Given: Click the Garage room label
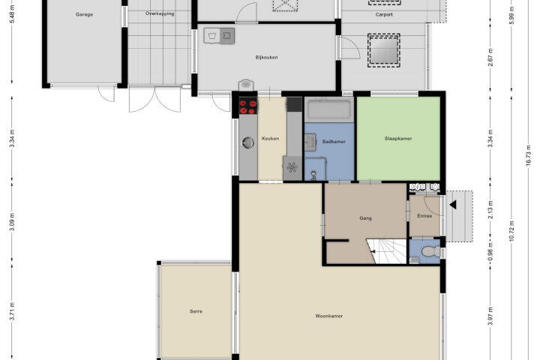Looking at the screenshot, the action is pos(84,14).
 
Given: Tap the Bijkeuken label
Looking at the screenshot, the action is pos(266,57).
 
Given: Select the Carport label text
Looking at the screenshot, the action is pos(384,14).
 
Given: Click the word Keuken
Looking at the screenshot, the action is pos(270,139).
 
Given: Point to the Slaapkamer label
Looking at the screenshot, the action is pos(398,139).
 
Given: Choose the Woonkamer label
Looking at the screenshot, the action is pos(329,316).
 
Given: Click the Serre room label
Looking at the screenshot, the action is pos(196,311).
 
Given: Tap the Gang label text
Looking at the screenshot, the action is pos(366,218).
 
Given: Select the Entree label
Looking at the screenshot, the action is pos(424,216).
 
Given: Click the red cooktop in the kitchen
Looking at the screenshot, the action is pos(248,106).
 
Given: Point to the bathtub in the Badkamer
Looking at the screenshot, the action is pos(329,109).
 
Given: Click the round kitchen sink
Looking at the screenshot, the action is pos(248,142).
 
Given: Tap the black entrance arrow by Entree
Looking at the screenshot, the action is pos(453,205).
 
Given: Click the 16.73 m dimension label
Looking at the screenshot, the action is pos(529,156).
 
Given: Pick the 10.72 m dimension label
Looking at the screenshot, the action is pos(511,231).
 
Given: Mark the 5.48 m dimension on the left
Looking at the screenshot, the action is pos(12,16).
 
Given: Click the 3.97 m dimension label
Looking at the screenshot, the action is pos(490,316).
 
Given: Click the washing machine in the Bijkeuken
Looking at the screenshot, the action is pos(211,35).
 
